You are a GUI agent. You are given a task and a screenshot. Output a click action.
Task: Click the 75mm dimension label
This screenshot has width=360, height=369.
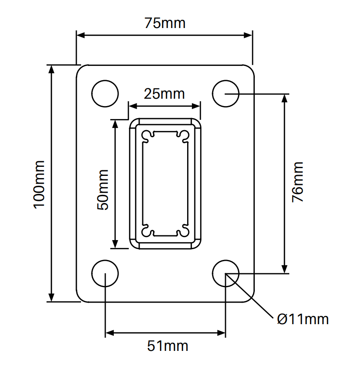(x=165, y=23)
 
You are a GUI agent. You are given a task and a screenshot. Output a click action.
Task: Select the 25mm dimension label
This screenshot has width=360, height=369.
(x=164, y=93)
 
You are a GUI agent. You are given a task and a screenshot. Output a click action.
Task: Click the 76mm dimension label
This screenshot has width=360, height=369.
(x=297, y=182)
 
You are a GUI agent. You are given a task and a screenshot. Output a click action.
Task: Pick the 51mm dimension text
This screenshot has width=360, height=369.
(x=168, y=346)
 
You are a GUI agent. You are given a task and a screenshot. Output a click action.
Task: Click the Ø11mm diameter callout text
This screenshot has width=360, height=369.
(x=303, y=319)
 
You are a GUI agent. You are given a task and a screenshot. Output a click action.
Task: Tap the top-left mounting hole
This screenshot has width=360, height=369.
(x=105, y=93)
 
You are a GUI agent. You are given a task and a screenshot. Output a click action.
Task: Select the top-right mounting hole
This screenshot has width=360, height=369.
(x=226, y=93)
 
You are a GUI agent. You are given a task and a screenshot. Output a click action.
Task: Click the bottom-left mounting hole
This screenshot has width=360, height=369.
(x=105, y=273)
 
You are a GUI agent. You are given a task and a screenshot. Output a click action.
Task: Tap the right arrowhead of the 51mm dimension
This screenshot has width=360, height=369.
(x=222, y=333)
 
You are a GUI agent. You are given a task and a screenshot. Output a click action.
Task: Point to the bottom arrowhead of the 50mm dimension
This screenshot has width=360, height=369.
(x=115, y=244)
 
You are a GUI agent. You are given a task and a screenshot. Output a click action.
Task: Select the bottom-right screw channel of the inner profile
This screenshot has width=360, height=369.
(x=185, y=231)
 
